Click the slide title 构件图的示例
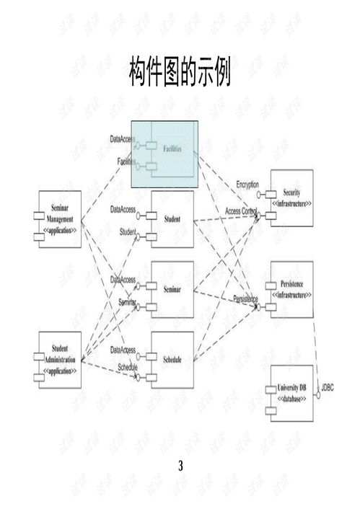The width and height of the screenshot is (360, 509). pos(180,73)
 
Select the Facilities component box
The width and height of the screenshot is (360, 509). pos(172,149)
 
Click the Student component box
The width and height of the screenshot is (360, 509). pos(172,218)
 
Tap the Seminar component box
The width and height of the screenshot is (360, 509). pos(172,289)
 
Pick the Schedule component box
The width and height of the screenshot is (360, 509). pos(172,359)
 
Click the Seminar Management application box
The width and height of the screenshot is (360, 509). pos(60,219)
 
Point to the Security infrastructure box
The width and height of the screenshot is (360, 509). pos(291,198)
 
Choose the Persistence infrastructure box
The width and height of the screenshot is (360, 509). pos(291,290)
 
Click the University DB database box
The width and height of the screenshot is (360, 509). pos(291,393)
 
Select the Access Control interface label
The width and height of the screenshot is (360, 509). pos(241,211)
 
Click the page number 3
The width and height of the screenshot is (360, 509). pos(180,466)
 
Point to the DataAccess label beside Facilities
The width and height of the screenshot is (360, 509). pos(123,138)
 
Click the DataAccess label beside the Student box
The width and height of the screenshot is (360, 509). pos(123,209)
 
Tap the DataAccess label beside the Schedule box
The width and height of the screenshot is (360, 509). pos(123,350)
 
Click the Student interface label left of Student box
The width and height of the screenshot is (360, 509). pos(128,231)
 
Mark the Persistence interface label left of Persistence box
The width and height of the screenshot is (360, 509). pos(245,298)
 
